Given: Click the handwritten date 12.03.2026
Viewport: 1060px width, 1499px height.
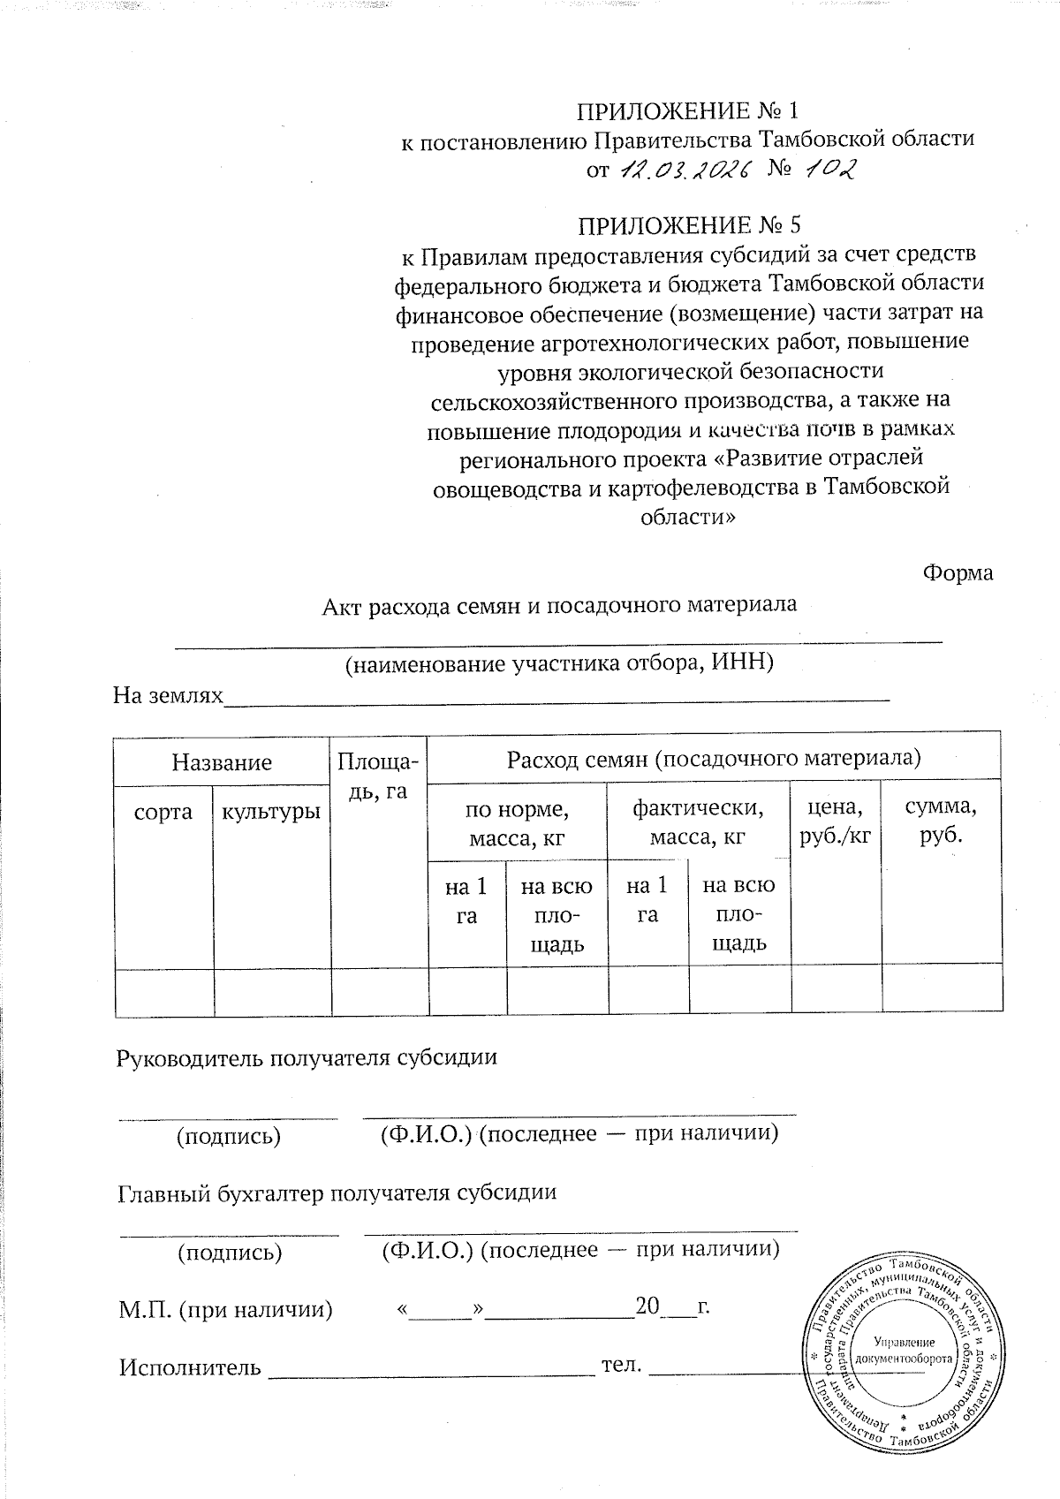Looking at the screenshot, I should (683, 169).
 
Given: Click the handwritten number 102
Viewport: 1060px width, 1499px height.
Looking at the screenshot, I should (829, 168).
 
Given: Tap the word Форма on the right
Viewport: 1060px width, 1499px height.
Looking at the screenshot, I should (958, 572).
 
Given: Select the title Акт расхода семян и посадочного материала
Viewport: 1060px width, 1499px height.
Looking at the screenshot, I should (559, 605).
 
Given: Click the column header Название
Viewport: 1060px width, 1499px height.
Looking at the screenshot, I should (222, 761).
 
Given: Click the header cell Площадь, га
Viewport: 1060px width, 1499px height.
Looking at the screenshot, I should (378, 776).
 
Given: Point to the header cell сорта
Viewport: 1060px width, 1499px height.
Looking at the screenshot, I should (163, 812).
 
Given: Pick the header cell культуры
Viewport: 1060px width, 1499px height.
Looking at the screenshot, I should (270, 812).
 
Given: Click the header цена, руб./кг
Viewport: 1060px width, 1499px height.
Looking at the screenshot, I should (835, 821).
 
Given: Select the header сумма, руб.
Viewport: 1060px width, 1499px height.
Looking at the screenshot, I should (942, 821).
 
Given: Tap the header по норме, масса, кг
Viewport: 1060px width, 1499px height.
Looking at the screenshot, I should (517, 822).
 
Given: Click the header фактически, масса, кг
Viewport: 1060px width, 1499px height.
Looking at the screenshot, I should (697, 822).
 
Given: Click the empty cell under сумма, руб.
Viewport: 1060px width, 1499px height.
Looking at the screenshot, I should (942, 989).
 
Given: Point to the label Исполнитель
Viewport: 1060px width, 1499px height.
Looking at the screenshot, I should (190, 1367).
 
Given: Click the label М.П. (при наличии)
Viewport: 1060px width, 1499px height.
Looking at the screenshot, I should (226, 1309).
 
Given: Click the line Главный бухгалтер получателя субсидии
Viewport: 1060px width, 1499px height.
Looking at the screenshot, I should (337, 1192).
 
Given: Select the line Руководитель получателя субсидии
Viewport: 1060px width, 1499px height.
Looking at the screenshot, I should (307, 1057).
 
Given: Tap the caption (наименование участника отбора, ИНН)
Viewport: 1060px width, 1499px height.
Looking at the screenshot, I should (559, 662).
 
